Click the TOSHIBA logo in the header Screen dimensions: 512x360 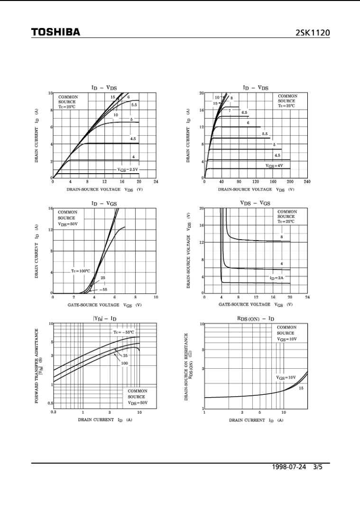pyautogui.click(x=55, y=32)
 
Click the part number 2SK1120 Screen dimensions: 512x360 pyautogui.click(x=312, y=33)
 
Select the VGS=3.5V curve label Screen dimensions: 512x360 pyautogui.click(x=128, y=169)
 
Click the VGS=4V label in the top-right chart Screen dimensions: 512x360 pyautogui.click(x=274, y=166)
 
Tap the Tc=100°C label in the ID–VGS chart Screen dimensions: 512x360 pyautogui.click(x=81, y=271)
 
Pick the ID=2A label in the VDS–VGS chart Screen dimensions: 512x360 pyautogui.click(x=277, y=278)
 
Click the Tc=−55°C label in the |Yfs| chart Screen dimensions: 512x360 pyautogui.click(x=124, y=333)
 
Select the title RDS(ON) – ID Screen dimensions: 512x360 pyautogui.click(x=256, y=319)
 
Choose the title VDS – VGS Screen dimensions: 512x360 pyautogui.click(x=255, y=203)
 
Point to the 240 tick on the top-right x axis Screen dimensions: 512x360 pyautogui.click(x=307, y=182)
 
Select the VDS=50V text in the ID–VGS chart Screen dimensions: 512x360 pyautogui.click(x=68, y=223)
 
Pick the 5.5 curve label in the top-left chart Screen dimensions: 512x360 pyautogui.click(x=134, y=105)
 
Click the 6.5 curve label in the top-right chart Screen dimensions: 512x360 pyautogui.click(x=244, y=112)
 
